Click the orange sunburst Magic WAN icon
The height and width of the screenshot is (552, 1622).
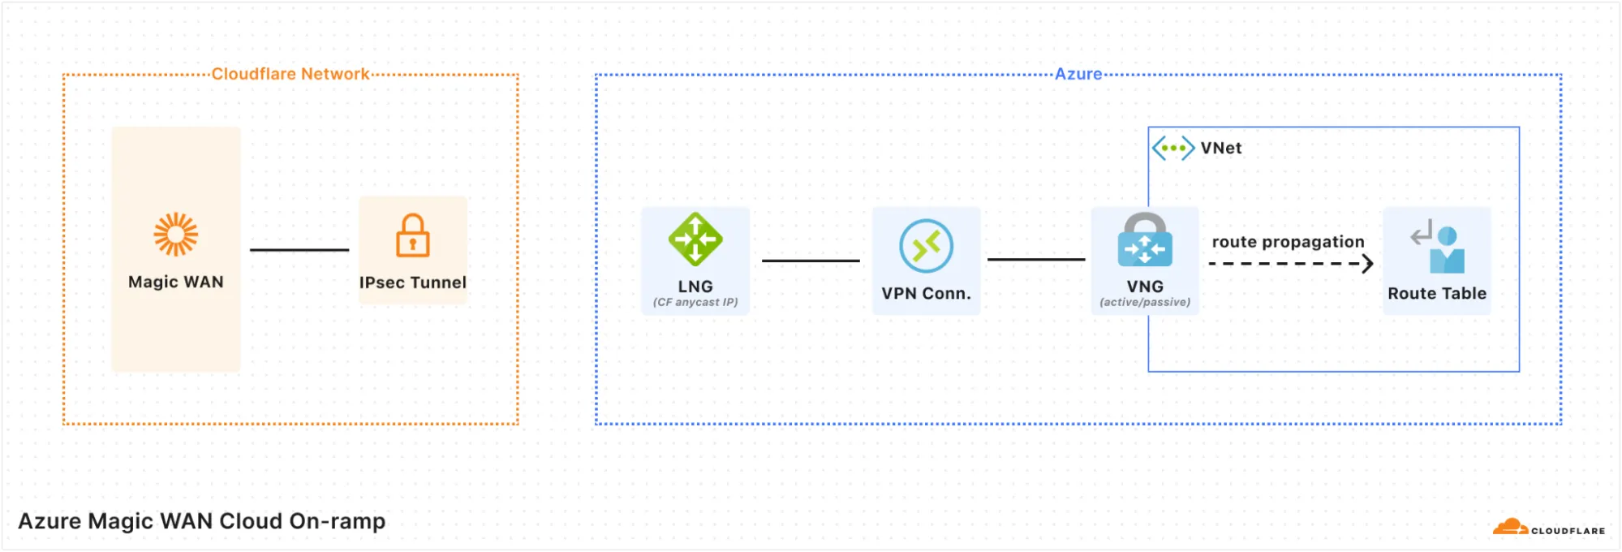point(176,235)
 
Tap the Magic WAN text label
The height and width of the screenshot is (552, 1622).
point(176,282)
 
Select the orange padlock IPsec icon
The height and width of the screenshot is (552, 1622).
point(413,235)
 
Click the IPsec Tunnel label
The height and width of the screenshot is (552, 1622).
point(413,282)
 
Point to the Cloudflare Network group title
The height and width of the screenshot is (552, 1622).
point(290,74)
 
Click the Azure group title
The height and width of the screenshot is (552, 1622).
point(1078,74)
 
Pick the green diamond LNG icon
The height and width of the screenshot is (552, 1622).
point(695,239)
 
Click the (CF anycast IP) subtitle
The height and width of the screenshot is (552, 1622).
point(695,302)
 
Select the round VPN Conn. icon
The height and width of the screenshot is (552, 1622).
point(926,246)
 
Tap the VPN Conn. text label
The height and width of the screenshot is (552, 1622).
point(926,293)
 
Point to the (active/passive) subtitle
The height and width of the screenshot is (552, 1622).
point(1145,302)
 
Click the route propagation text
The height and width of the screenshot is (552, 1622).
point(1288,242)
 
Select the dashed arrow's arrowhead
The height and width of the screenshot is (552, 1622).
point(1367,264)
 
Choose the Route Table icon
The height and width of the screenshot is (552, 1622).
point(1438,247)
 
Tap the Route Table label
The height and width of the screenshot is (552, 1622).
point(1437,293)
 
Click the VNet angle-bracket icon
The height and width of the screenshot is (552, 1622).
point(1173,148)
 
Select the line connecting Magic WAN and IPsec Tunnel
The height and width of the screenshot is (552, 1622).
point(299,250)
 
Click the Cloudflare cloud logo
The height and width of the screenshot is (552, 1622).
point(1510,527)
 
